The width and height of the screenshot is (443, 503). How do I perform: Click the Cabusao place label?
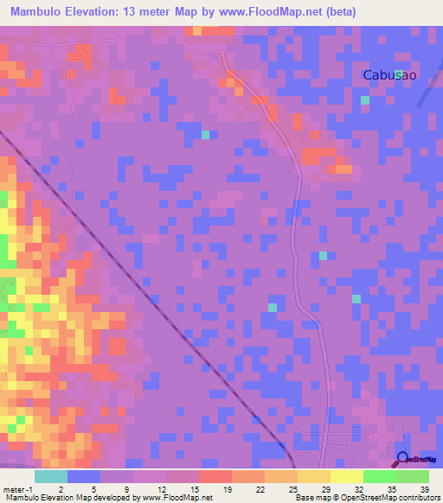pyautogui.click(x=389, y=75)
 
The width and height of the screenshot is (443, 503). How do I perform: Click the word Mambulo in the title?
pyautogui.click(x=40, y=12)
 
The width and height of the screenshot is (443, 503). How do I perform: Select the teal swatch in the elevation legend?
pyautogui.click(x=51, y=476)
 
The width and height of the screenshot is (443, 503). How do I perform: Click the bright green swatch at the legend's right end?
pyautogui.click(x=413, y=476)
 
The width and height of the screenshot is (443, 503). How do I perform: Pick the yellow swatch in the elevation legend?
pyautogui.click(x=347, y=476)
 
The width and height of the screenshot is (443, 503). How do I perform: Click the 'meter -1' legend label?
pyautogui.click(x=16, y=489)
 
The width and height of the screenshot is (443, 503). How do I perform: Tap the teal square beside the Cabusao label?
pyautogui.click(x=398, y=75)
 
